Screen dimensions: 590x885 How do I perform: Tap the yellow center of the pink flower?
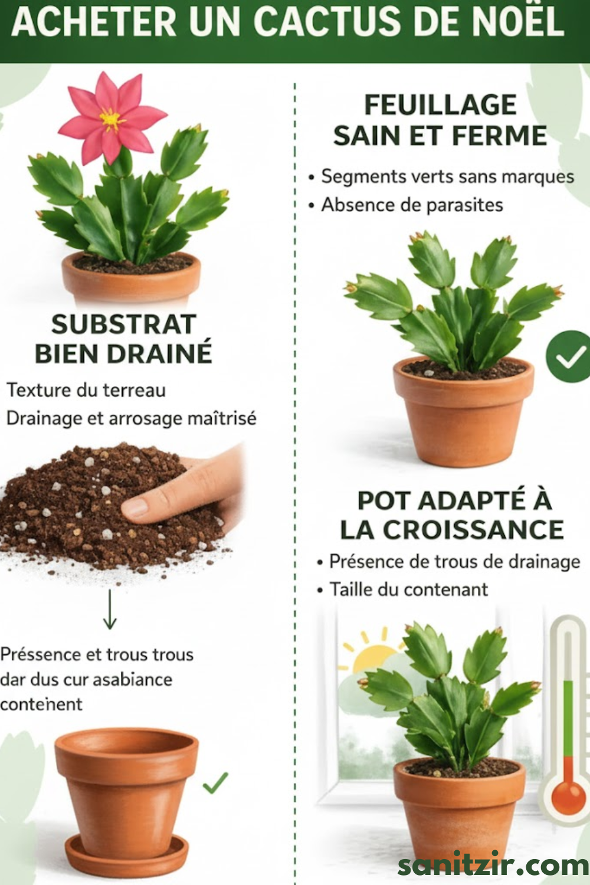110,119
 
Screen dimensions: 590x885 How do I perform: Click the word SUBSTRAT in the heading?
124,324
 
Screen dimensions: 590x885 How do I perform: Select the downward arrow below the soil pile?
110,609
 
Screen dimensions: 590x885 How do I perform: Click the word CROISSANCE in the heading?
473,530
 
